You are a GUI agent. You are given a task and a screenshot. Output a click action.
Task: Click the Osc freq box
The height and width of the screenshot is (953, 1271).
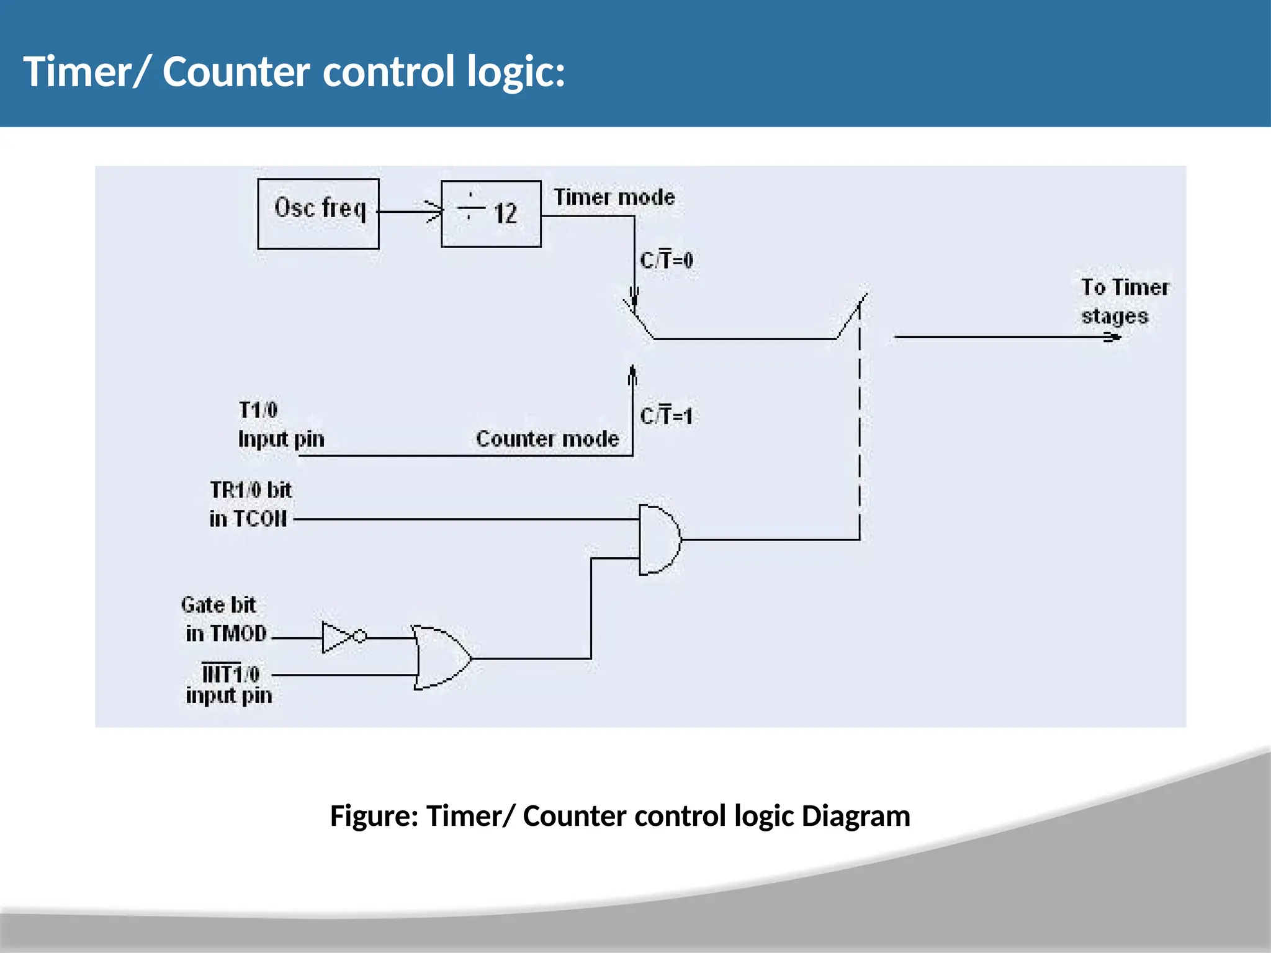point(318,214)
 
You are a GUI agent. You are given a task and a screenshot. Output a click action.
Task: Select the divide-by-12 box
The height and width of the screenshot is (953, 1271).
point(491,214)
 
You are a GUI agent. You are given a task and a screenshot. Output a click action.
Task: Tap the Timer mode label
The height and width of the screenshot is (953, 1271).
point(614,197)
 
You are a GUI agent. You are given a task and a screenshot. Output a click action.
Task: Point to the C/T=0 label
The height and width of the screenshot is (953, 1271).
point(667,260)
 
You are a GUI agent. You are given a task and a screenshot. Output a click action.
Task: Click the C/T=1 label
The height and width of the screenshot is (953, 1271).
point(667,416)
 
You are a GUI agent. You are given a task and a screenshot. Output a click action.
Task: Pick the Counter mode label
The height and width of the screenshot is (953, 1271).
point(547,439)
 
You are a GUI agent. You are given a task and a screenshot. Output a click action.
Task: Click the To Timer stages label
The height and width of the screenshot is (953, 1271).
point(1124,302)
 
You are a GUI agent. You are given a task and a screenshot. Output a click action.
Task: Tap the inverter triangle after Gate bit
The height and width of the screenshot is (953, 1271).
point(337,637)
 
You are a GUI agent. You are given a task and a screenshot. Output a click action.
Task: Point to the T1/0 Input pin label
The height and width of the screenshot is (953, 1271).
point(281,424)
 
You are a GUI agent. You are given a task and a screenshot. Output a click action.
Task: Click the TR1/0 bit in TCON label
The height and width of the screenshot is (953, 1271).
point(250,504)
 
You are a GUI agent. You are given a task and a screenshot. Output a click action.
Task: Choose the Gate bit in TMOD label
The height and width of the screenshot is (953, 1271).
point(224,619)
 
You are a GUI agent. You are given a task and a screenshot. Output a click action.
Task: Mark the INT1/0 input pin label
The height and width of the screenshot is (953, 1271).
point(229,684)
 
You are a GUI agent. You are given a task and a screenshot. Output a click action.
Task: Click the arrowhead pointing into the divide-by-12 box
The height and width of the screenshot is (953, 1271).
point(434,212)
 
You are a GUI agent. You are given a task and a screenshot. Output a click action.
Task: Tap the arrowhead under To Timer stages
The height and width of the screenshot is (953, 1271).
point(1113,338)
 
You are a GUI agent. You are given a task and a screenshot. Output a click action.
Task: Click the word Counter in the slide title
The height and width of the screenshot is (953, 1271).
point(236,71)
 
